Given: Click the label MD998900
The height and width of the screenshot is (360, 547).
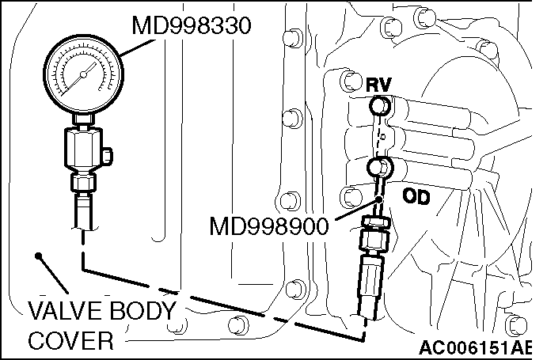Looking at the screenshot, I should click(x=269, y=227).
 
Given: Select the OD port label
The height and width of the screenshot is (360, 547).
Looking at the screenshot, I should click(x=414, y=196).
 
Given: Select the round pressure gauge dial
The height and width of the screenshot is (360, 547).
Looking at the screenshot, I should click(x=82, y=77).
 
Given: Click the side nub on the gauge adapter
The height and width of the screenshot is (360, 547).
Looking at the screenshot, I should click(x=106, y=152).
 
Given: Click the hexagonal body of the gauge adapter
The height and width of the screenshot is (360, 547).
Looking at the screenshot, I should click(x=82, y=150).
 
